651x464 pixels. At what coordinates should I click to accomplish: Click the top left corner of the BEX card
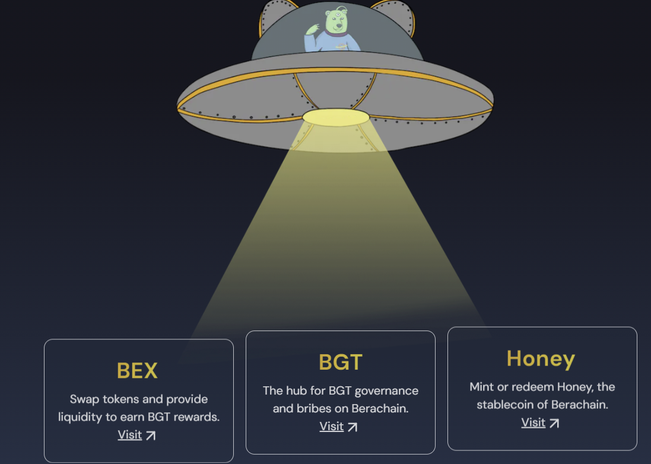[45, 339]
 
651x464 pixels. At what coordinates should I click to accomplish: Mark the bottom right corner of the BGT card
[435, 454]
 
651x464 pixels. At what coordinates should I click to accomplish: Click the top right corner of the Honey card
[637, 327]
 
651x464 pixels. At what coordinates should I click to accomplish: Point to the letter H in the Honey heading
[514, 358]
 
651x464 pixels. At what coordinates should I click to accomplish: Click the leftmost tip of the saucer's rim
[177, 107]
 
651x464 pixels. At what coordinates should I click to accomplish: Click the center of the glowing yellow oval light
[336, 117]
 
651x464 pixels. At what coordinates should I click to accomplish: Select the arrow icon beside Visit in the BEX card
[151, 436]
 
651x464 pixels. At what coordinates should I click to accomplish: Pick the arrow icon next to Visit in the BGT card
[353, 427]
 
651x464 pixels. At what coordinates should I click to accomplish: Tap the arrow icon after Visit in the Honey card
[554, 423]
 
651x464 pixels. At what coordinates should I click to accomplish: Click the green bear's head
[336, 21]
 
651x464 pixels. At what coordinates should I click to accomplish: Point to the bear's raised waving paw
[312, 29]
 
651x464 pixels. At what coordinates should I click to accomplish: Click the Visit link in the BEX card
[130, 434]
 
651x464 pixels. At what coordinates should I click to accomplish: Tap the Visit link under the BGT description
[332, 426]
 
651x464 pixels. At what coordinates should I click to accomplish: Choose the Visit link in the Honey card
[533, 422]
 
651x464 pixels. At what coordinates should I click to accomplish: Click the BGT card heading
[341, 362]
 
